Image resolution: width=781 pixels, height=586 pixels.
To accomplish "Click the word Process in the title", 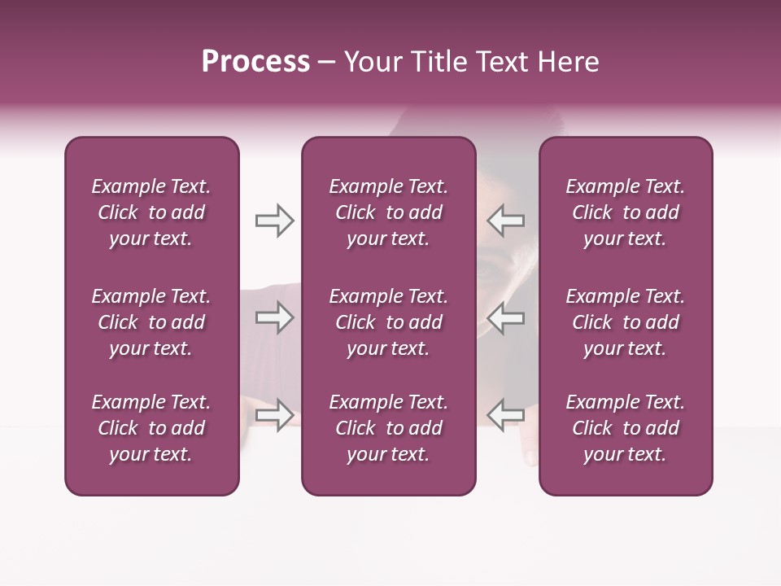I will [255, 61].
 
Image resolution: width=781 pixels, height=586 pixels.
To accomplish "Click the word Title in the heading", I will [438, 62].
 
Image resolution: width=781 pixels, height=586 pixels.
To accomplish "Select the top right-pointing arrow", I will [274, 221].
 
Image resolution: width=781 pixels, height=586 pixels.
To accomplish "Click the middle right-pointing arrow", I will [274, 317].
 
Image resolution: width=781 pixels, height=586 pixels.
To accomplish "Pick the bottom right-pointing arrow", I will [274, 414].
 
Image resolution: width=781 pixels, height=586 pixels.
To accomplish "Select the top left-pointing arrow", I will [506, 221].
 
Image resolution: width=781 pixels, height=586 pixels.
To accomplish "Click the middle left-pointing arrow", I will [506, 317].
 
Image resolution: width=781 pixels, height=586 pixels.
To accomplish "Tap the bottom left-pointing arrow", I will [506, 414].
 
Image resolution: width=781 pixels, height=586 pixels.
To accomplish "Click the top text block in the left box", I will [151, 212].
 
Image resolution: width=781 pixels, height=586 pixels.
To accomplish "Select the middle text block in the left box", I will [151, 322].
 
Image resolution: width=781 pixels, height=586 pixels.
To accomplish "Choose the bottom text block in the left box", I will [151, 428].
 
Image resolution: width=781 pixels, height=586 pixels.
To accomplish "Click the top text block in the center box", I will [388, 212].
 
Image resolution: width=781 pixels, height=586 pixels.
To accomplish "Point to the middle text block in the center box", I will [388, 322].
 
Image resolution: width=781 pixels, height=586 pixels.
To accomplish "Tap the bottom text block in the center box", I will [388, 428].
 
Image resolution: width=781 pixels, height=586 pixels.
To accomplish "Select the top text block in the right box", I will [625, 212].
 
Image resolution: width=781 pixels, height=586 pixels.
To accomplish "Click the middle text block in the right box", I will [625, 322].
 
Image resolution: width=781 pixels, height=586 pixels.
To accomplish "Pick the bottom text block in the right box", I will [625, 428].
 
